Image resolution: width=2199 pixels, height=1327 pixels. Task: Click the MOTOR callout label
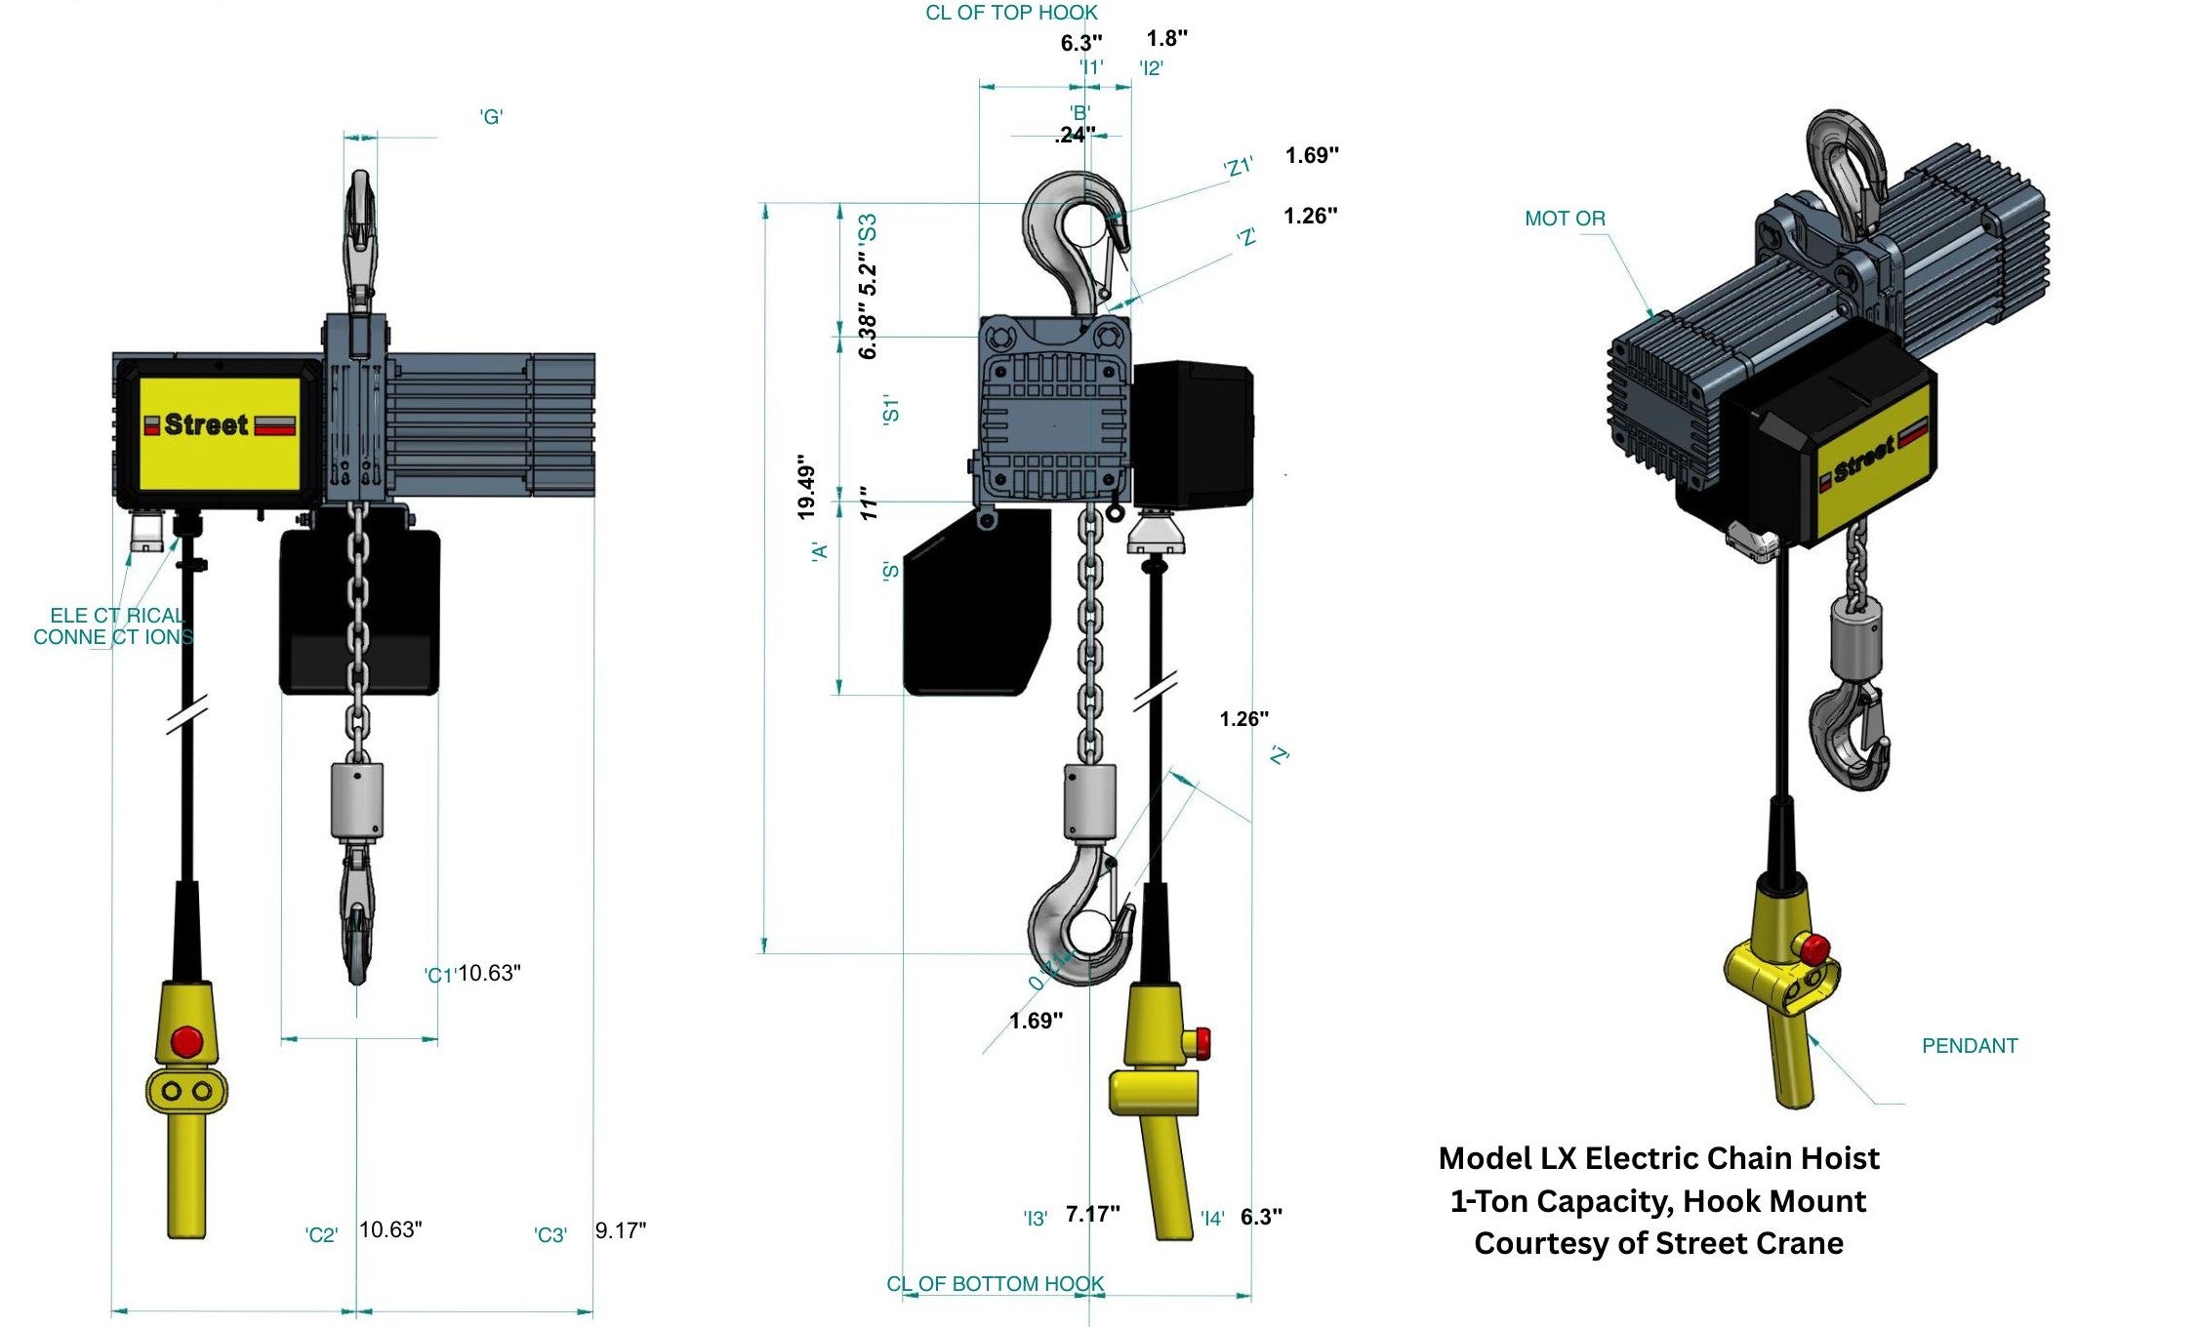point(1565,219)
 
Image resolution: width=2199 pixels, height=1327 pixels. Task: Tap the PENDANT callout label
point(1969,1046)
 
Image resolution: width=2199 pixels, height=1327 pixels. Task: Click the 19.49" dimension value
point(806,486)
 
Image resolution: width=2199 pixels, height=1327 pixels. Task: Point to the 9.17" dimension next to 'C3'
point(621,1230)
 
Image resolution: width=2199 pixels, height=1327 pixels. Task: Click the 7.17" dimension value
point(1092,1214)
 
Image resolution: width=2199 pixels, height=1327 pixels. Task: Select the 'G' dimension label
point(491,117)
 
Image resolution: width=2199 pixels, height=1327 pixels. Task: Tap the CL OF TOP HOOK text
point(1011,13)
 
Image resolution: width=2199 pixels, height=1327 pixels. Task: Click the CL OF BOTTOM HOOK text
point(995,1284)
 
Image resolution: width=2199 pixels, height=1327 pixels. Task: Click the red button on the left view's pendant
point(186,1041)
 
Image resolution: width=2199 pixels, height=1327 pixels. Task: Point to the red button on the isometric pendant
point(1814,946)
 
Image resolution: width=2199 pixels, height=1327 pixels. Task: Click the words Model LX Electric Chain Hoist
point(1658,1158)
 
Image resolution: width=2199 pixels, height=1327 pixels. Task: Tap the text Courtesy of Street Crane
point(1658,1244)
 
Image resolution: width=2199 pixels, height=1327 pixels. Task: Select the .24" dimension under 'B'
point(1075,136)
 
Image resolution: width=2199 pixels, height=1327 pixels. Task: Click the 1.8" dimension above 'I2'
point(1166,38)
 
